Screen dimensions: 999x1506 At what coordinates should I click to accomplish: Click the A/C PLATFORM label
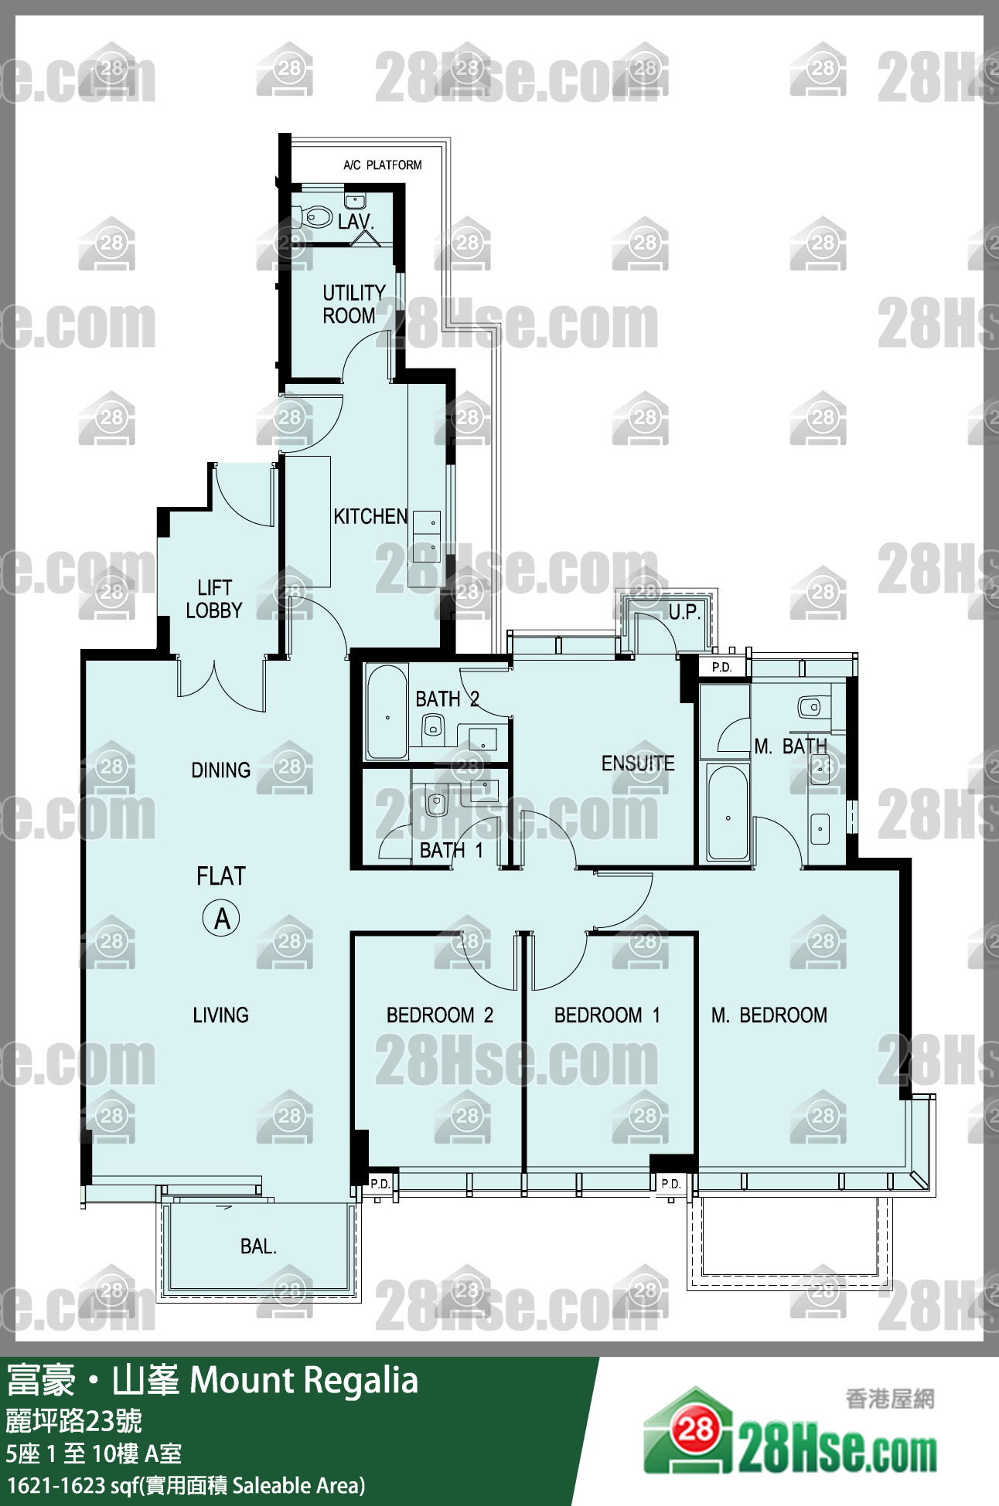coord(383,165)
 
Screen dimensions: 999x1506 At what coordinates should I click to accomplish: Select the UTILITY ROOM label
coord(353,304)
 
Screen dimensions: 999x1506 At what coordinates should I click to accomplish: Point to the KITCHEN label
coord(370,516)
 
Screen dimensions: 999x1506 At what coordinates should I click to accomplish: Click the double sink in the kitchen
coord(427,535)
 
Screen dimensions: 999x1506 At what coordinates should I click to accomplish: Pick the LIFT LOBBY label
coord(214,599)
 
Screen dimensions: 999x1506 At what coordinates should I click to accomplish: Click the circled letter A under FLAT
coord(221,918)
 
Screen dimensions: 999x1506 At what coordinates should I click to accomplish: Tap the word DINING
coord(221,770)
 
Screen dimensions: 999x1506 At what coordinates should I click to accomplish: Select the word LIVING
coord(221,1015)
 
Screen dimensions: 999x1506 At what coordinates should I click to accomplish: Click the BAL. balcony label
coord(258,1246)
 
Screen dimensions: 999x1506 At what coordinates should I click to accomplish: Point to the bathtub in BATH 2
coord(387,712)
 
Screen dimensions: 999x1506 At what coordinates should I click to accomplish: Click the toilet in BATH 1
coord(437,801)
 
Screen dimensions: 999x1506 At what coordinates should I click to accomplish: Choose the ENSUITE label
coord(638,763)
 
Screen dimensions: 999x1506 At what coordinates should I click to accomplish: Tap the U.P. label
coord(684,612)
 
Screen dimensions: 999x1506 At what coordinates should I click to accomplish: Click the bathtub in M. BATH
coord(728,812)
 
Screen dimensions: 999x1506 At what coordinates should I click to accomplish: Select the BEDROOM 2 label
coord(440,1015)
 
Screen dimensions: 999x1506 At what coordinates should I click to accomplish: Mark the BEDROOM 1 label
coord(608,1015)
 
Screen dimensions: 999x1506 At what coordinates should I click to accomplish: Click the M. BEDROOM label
coord(769,1015)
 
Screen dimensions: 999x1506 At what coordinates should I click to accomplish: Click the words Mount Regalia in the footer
coord(304,1380)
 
